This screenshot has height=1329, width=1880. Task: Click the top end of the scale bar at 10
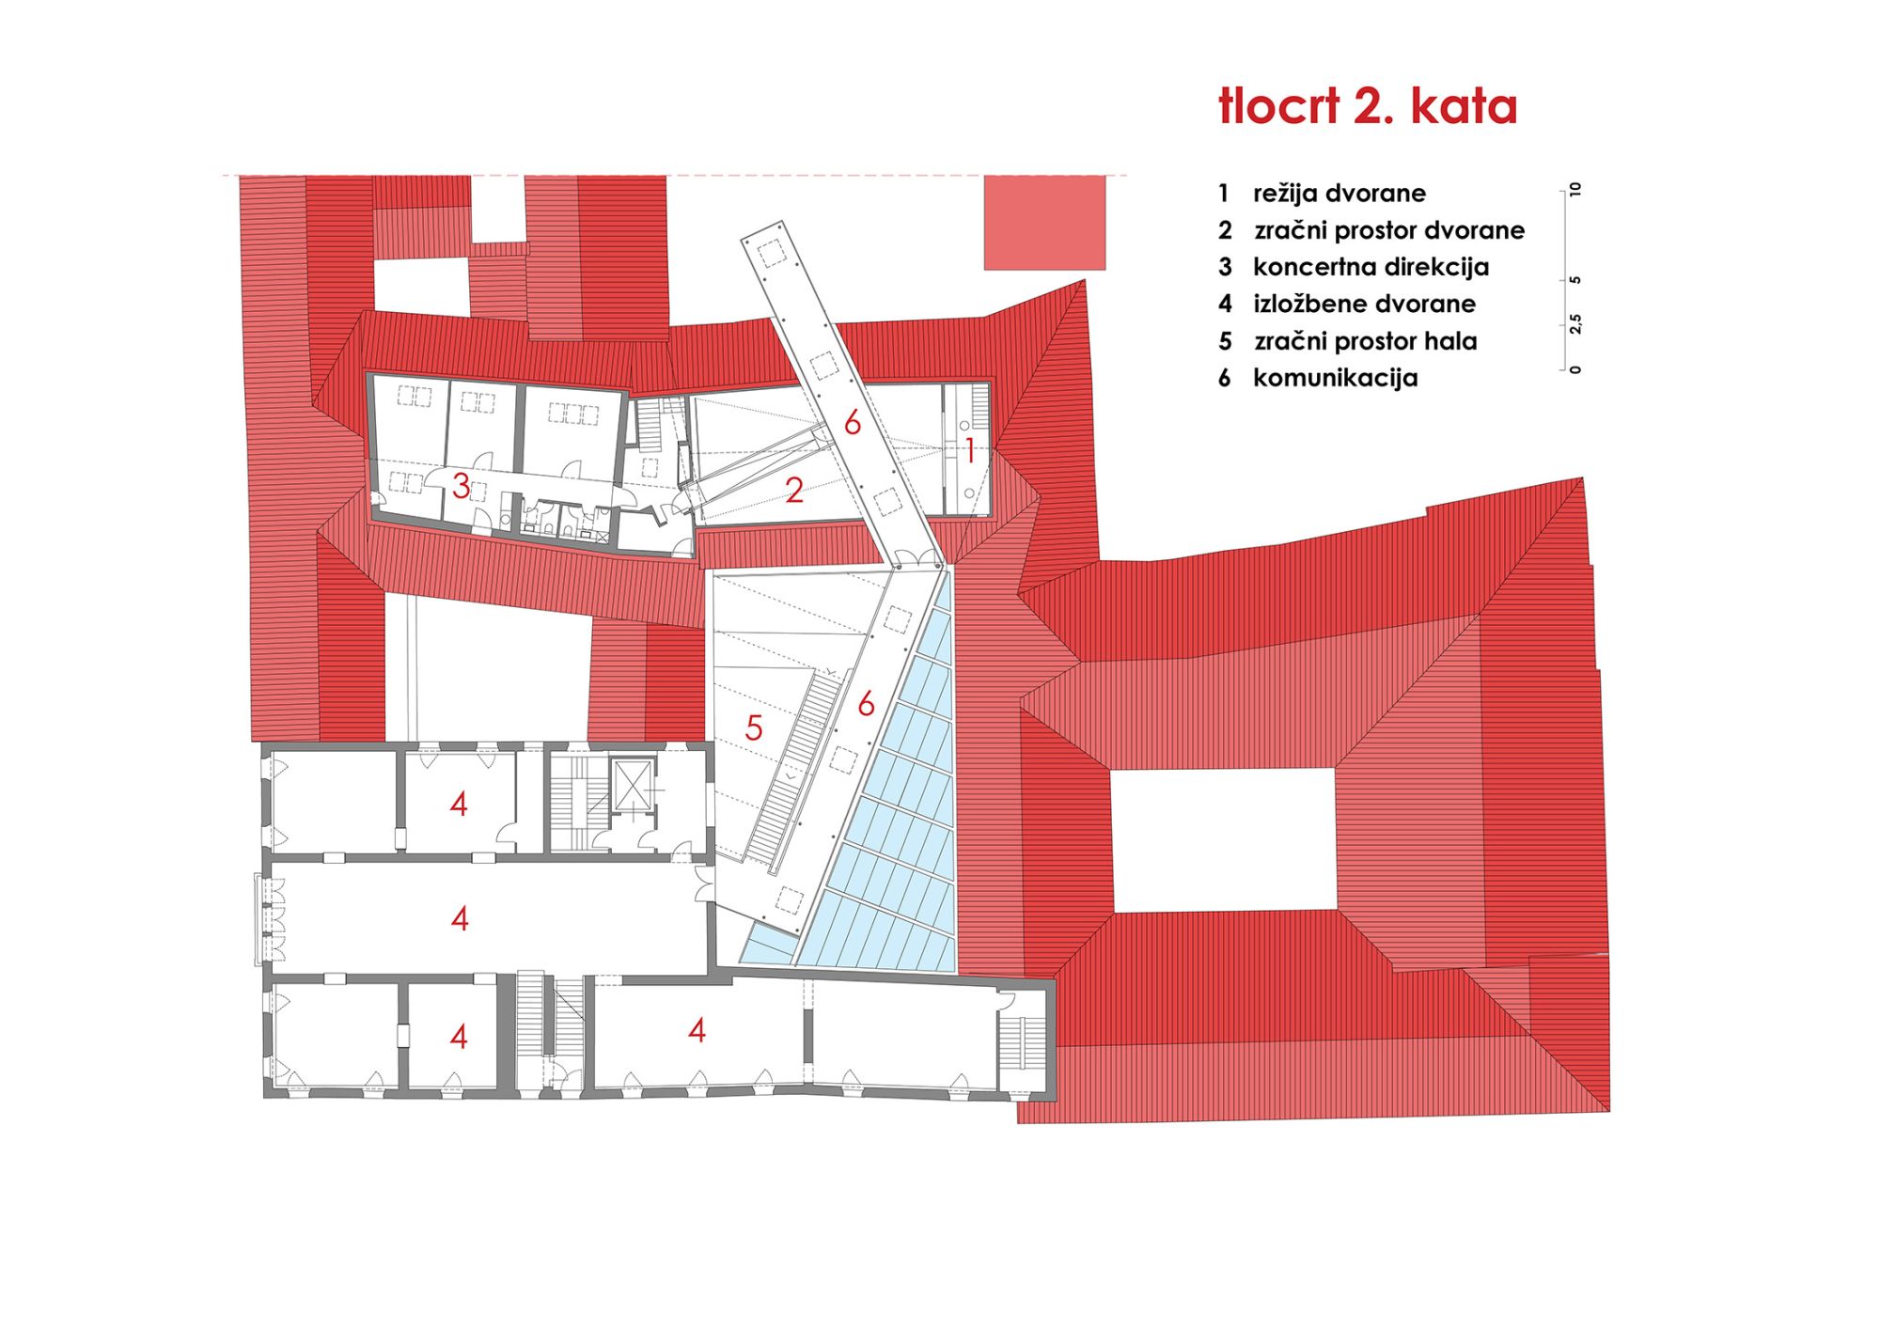(1563, 190)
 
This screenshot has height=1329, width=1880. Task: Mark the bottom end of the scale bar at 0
(1563, 369)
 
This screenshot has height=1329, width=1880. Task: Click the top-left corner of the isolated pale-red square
(984, 176)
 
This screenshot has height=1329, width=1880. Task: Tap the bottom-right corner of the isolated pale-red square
(1105, 270)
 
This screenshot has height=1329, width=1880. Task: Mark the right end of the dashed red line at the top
(1127, 175)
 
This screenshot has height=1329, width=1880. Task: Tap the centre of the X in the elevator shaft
(632, 786)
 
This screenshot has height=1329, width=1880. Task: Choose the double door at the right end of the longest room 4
(702, 883)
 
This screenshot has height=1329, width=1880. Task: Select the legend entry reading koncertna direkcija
(1371, 267)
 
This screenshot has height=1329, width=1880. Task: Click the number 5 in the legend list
(1225, 341)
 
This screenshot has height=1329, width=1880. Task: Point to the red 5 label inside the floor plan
(754, 727)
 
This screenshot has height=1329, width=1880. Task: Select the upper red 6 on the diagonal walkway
(853, 423)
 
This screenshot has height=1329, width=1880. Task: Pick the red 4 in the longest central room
(460, 918)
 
